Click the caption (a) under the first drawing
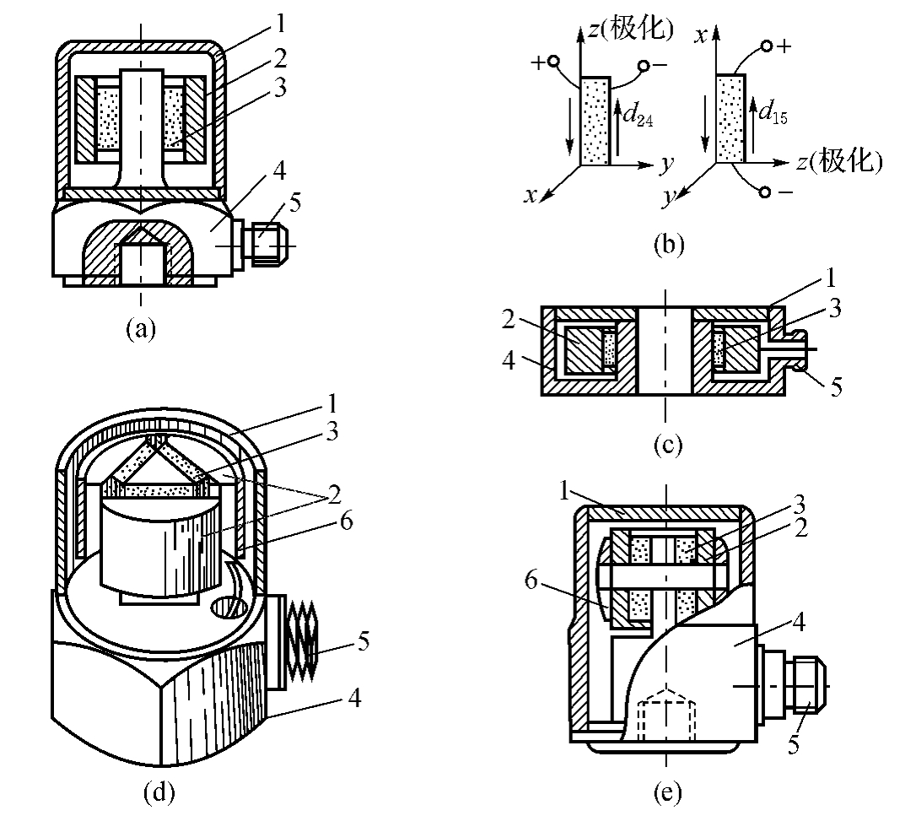point(141,329)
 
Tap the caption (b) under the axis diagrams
point(669,245)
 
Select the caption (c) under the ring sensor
point(668,445)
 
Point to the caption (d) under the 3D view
point(159,791)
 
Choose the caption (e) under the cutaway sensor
point(668,791)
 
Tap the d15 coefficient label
point(773,112)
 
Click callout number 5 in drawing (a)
point(295,203)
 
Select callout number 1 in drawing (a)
point(281,24)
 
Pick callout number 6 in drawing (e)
point(531,581)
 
